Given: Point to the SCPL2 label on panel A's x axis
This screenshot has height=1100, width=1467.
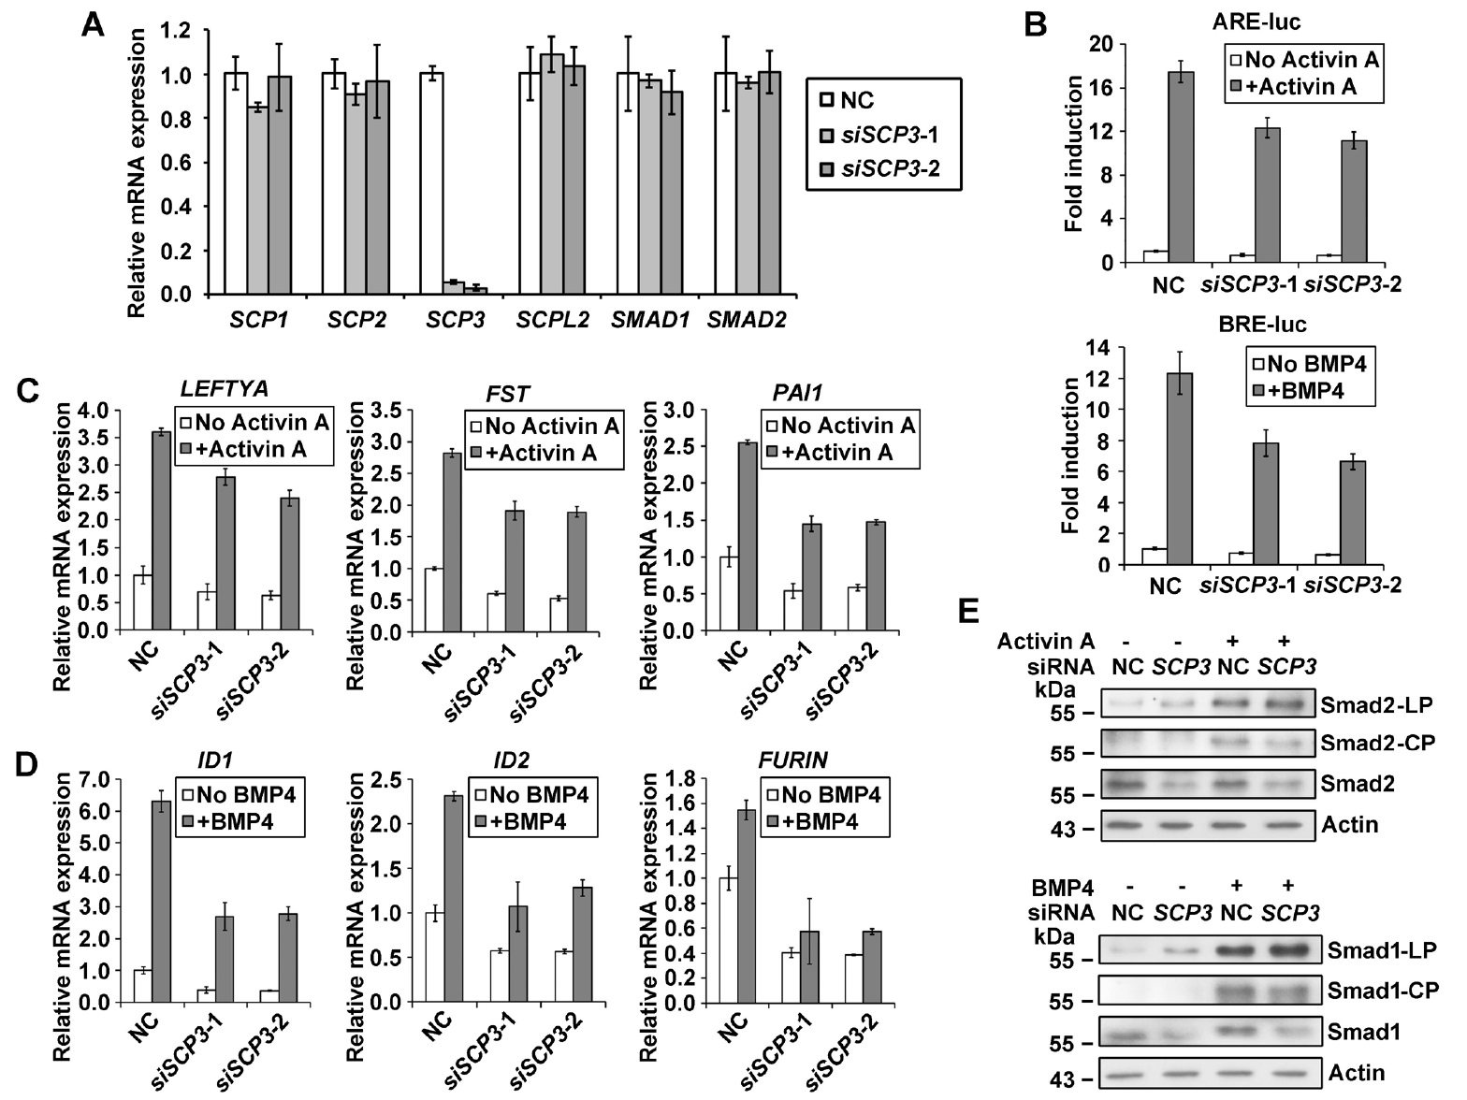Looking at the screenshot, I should pyautogui.click(x=553, y=320).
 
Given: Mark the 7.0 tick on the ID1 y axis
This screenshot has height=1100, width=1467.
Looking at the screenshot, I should pyautogui.click(x=95, y=779).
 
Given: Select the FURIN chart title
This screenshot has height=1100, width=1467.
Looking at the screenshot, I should pyautogui.click(x=792, y=760).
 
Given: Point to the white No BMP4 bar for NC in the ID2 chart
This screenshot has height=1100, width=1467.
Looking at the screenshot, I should pyautogui.click(x=434, y=957).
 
